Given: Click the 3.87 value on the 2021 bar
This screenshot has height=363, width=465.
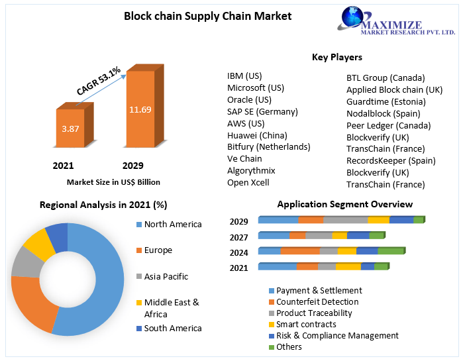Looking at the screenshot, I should pyautogui.click(x=70, y=129).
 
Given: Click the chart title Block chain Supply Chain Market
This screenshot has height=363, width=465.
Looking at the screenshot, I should pyautogui.click(x=208, y=15).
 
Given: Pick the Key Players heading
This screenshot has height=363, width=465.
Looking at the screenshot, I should pyautogui.click(x=336, y=57).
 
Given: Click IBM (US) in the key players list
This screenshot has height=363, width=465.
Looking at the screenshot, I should pyautogui.click(x=244, y=76).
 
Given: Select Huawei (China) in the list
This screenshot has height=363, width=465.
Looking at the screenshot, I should pyautogui.click(x=258, y=135).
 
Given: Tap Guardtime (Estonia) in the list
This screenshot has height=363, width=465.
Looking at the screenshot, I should pyautogui.click(x=386, y=101).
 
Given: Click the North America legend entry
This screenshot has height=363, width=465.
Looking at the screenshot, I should pyautogui.click(x=172, y=225).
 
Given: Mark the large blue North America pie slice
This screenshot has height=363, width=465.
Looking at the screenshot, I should pyautogui.click(x=93, y=285).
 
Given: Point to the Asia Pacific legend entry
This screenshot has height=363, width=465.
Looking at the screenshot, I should pyautogui.click(x=166, y=276).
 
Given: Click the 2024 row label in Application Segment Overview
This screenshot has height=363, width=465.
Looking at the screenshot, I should pyautogui.click(x=239, y=252).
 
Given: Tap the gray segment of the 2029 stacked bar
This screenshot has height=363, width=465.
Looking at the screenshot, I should pyautogui.click(x=345, y=220).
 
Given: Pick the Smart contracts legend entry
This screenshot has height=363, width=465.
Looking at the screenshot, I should pyautogui.click(x=305, y=325).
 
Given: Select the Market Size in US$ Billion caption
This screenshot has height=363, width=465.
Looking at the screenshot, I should pyautogui.click(x=113, y=181).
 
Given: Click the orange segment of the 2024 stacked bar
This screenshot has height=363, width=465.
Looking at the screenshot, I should pyautogui.click(x=300, y=250).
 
